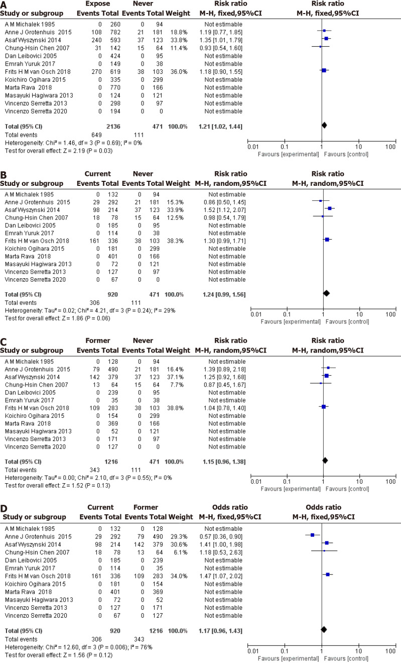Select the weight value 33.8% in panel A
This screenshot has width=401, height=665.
pyautogui.click(x=182, y=38)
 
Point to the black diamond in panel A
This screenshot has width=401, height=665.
pyautogui.click(x=324, y=125)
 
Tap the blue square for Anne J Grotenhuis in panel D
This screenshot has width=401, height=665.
pyautogui.click(x=312, y=535)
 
